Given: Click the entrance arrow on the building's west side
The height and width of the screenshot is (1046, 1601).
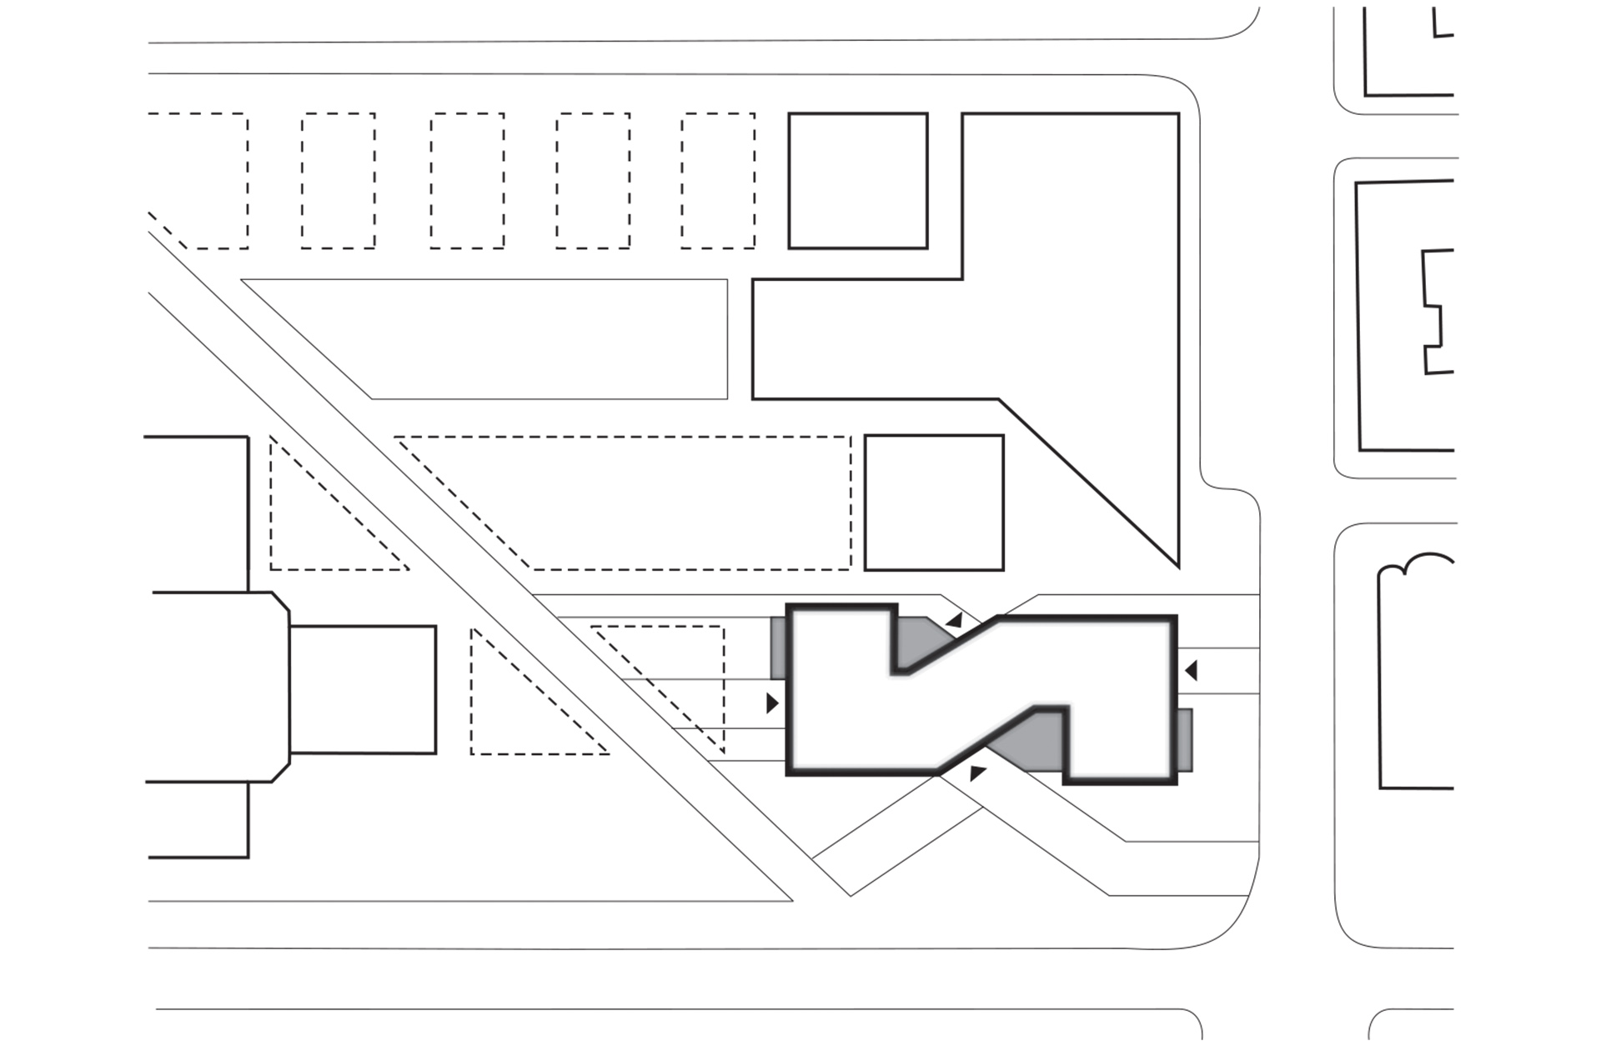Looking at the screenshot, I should pyautogui.click(x=772, y=703).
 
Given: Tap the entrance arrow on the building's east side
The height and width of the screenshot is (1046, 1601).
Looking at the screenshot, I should pyautogui.click(x=1192, y=669).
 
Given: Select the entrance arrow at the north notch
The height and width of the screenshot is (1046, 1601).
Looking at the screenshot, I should pyautogui.click(x=955, y=620).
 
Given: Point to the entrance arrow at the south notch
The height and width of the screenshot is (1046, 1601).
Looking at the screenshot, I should pyautogui.click(x=977, y=773).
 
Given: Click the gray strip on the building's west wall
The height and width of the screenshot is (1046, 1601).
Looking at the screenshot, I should pyautogui.click(x=778, y=648).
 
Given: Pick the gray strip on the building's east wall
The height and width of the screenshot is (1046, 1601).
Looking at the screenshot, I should pyautogui.click(x=1185, y=739).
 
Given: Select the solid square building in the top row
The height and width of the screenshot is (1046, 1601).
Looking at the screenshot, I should pyautogui.click(x=858, y=181).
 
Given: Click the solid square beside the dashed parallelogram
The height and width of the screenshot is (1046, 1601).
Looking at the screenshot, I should pyautogui.click(x=934, y=503).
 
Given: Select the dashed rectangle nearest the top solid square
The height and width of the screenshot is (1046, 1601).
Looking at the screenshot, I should pyautogui.click(x=718, y=181).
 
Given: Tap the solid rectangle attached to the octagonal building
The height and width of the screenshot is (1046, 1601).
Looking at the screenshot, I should pyautogui.click(x=363, y=689).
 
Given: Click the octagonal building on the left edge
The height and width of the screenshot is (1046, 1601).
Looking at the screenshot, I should pyautogui.click(x=217, y=687).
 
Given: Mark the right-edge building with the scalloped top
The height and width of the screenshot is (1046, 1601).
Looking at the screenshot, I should pyautogui.click(x=1418, y=675).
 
